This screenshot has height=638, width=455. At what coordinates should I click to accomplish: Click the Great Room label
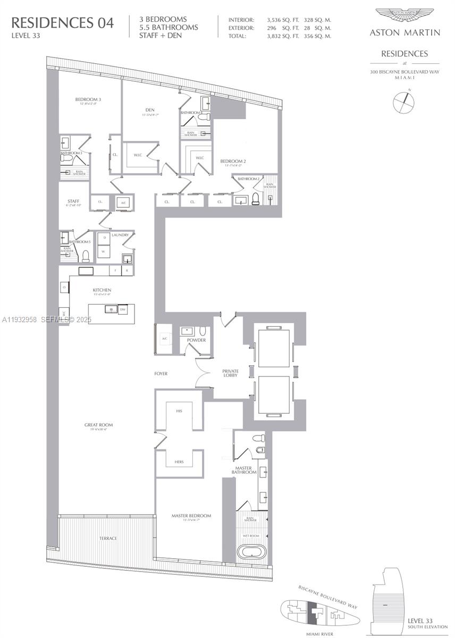(99, 425)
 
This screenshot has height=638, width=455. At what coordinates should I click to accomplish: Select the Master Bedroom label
(191, 516)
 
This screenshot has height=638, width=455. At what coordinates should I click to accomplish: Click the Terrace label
(108, 538)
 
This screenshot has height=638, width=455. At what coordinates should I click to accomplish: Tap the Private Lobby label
(230, 373)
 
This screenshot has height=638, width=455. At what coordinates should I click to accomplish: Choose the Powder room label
(196, 340)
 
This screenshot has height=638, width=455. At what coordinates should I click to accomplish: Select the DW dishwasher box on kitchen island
(123, 309)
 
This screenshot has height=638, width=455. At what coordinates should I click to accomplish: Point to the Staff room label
(73, 201)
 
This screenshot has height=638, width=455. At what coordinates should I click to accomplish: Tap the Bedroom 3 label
(88, 99)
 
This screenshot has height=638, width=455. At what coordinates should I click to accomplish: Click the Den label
(149, 110)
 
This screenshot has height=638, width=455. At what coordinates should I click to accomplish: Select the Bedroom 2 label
(233, 161)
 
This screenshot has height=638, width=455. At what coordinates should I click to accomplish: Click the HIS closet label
(180, 411)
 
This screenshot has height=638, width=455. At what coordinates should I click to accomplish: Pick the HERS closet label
(179, 461)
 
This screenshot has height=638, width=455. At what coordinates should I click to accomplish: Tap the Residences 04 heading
(62, 23)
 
